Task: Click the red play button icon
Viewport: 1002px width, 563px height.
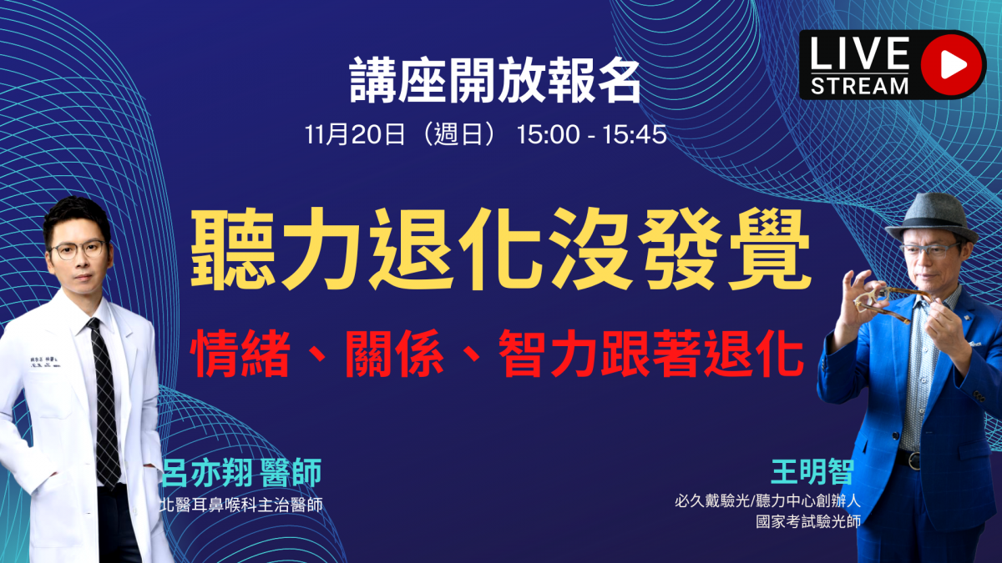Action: click(x=953, y=65)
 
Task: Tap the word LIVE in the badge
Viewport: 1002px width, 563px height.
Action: click(x=859, y=53)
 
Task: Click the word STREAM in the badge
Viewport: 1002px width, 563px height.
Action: click(x=859, y=86)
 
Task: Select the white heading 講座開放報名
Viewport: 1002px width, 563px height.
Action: click(x=495, y=81)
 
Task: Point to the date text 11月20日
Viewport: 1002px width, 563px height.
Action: click(x=355, y=134)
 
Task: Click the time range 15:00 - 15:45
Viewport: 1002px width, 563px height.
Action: click(x=592, y=134)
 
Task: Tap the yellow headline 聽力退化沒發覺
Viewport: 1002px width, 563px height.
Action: click(x=501, y=249)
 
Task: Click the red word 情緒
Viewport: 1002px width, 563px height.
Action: click(x=240, y=353)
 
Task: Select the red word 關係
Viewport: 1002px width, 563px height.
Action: click(x=394, y=353)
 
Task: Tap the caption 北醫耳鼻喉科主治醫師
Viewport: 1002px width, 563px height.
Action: click(x=241, y=505)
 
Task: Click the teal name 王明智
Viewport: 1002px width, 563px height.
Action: click(x=812, y=472)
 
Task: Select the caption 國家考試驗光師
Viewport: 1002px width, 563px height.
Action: click(x=808, y=521)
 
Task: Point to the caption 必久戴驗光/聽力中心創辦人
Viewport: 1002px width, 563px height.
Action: click(x=767, y=501)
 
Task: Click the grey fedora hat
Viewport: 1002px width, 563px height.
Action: click(x=931, y=218)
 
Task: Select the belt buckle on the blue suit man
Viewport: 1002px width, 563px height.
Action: click(x=913, y=460)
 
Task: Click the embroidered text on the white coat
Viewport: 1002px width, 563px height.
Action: click(x=45, y=362)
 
